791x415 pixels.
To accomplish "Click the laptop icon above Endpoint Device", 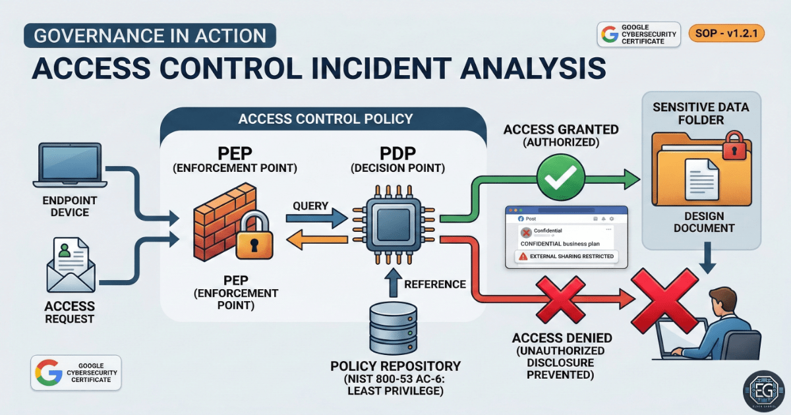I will (x=69, y=164).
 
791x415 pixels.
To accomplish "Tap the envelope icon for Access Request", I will (x=71, y=267).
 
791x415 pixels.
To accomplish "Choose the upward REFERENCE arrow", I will (x=393, y=284).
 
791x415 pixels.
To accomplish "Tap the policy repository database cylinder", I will (x=394, y=329).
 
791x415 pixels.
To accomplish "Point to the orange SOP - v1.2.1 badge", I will (x=726, y=33).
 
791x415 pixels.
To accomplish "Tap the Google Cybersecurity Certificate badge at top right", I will (x=638, y=34).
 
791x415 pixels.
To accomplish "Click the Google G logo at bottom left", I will (x=49, y=373).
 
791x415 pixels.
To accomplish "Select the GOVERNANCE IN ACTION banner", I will (x=150, y=35).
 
